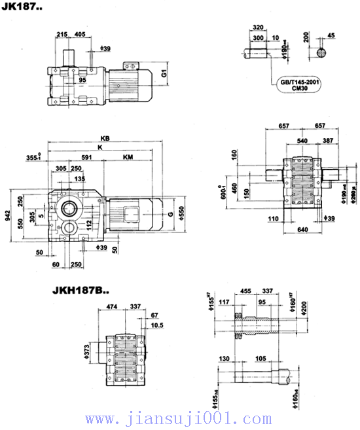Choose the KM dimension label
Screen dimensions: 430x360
click(x=128, y=157)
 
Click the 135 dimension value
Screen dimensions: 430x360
click(x=79, y=179)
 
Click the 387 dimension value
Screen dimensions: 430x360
click(x=327, y=141)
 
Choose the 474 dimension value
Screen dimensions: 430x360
click(x=111, y=304)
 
